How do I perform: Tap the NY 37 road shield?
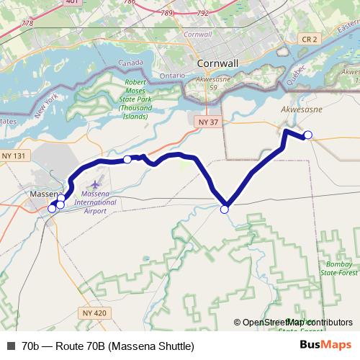[208, 124]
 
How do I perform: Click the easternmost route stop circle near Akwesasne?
[308, 135]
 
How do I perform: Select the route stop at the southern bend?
[224, 210]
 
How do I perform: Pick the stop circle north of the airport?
[127, 159]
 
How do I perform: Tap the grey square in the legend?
[11, 346]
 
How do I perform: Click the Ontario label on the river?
[173, 74]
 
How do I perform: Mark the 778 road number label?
[27, 24]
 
